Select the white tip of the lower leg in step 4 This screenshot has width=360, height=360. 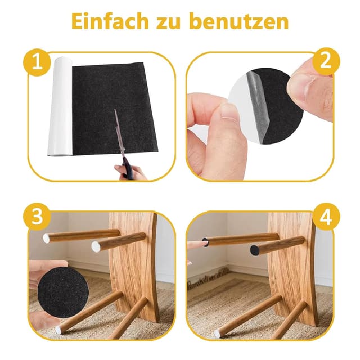click(x=217, y=334)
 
